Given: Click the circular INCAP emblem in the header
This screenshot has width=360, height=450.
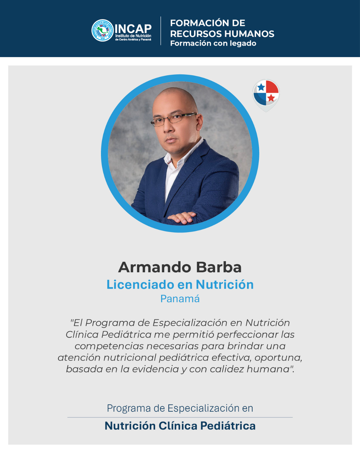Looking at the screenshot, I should coord(103,30).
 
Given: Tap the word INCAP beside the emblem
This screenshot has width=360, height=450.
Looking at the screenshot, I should coord(133,29).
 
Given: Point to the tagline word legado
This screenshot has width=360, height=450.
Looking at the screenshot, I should coord(243,43).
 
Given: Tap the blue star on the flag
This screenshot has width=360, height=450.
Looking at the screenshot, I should coord(261,87).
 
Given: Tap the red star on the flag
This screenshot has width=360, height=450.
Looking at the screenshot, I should coord(271,98).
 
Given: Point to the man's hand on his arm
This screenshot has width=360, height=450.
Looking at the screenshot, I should coord(182,217).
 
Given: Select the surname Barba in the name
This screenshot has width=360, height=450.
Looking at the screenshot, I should coord(219,267).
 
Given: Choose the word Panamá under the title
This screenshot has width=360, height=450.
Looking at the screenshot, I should coord(180,299).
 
